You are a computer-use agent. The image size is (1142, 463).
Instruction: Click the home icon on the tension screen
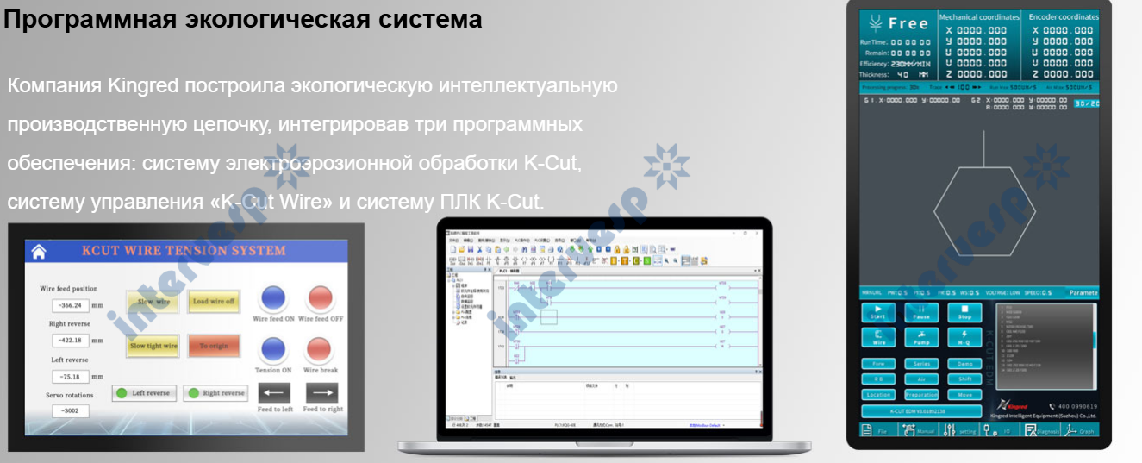pyautogui.click(x=38, y=252)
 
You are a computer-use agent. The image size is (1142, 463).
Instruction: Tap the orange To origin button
pyautogui.click(x=214, y=346)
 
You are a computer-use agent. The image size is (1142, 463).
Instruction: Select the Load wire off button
pyautogui.click(x=214, y=302)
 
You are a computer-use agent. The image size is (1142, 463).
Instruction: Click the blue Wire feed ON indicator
pyautogui.click(x=273, y=298)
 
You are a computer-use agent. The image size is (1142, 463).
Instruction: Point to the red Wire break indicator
pyautogui.click(x=320, y=350)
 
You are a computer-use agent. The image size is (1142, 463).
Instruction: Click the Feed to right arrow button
pyautogui.click(x=322, y=394)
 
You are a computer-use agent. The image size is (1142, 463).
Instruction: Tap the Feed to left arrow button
pyautogui.click(x=275, y=394)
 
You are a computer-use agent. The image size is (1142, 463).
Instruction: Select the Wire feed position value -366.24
pyautogui.click(x=68, y=305)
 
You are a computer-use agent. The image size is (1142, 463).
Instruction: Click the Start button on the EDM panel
pyautogui.click(x=878, y=312)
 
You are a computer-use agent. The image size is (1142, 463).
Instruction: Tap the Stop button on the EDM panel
pyautogui.click(x=965, y=312)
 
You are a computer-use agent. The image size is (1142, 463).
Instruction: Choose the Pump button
pyautogui.click(x=921, y=337)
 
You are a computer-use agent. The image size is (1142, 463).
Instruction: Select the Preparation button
pyautogui.click(x=921, y=395)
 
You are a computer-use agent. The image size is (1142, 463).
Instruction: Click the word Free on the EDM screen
pyautogui.click(x=908, y=24)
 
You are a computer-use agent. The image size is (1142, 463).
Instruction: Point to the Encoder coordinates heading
pyautogui.click(x=1064, y=16)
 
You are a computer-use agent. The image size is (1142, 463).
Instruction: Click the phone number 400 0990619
pyautogui.click(x=1072, y=406)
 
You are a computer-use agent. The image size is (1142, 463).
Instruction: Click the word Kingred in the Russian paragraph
pyautogui.click(x=144, y=86)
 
